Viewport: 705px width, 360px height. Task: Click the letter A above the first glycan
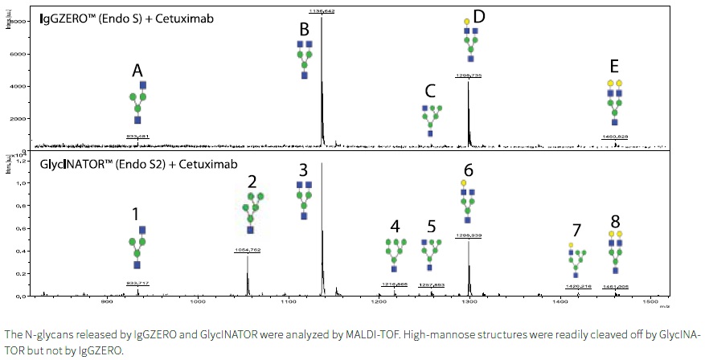[138, 72]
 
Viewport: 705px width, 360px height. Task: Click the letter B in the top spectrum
[304, 30]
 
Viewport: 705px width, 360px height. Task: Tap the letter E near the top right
[614, 67]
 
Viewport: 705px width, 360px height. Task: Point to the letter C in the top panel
[431, 92]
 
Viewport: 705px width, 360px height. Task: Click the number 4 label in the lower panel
[394, 226]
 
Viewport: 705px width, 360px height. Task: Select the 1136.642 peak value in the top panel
[322, 10]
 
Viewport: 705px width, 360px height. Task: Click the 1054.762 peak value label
[248, 250]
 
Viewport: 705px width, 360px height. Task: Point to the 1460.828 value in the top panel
[615, 137]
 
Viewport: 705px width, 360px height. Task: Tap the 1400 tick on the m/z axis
[559, 303]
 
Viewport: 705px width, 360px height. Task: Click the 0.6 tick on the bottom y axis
[23, 227]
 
